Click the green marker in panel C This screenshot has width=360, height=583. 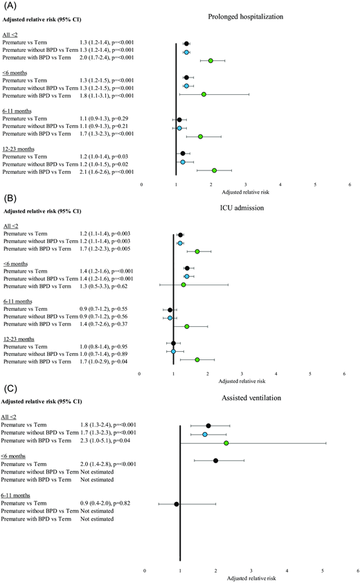click(226, 442)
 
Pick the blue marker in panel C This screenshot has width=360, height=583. click(205, 434)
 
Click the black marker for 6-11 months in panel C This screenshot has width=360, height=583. click(177, 504)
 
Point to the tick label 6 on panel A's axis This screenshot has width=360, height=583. click(350, 186)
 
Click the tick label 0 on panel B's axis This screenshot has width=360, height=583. click(140, 374)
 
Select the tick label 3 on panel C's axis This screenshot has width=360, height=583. click(251, 571)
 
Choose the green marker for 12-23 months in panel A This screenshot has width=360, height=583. click(214, 170)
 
